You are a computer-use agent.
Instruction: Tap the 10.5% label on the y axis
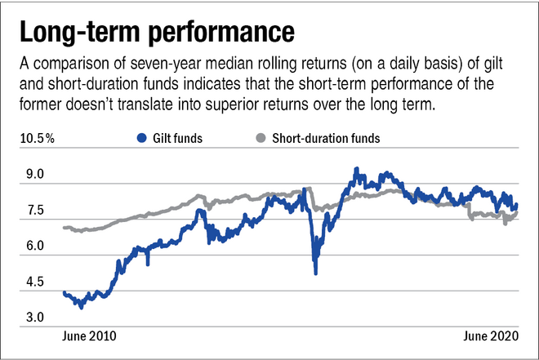click(38, 138)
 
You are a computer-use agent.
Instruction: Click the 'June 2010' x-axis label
click(89, 336)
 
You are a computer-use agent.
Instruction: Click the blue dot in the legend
click(141, 139)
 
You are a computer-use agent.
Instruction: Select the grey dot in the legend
click(261, 139)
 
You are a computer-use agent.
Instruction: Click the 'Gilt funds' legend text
click(176, 139)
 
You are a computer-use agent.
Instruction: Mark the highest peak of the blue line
click(356, 169)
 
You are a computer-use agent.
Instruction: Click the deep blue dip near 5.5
click(315, 273)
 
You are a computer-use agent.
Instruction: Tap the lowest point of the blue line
click(80, 307)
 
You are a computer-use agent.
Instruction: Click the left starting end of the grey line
click(64, 228)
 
